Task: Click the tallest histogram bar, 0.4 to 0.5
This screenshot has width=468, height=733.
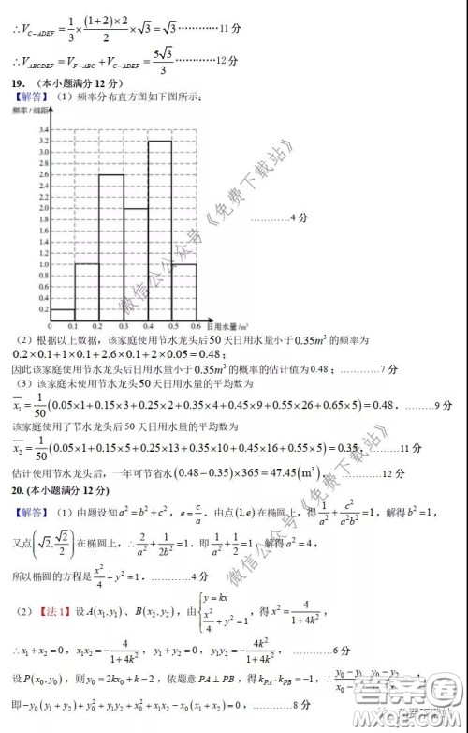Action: tap(160, 230)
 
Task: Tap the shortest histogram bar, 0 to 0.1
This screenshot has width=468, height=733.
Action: tap(63, 314)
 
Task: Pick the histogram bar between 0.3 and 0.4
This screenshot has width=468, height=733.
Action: tap(136, 263)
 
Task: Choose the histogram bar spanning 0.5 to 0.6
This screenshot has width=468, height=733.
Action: tap(184, 292)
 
